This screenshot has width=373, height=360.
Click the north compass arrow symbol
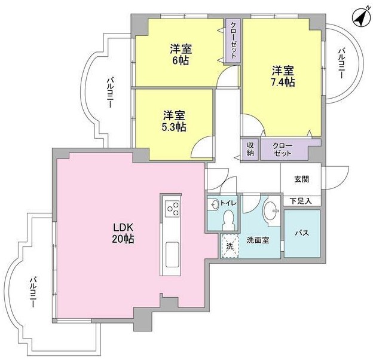pos(360,16)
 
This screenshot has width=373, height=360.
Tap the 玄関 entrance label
pos(301,178)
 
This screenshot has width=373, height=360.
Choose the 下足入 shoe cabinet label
pos(301,201)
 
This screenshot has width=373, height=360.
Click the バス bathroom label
pos(302,234)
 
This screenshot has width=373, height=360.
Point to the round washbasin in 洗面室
pos(270,210)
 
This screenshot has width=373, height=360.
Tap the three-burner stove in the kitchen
pos(173,208)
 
